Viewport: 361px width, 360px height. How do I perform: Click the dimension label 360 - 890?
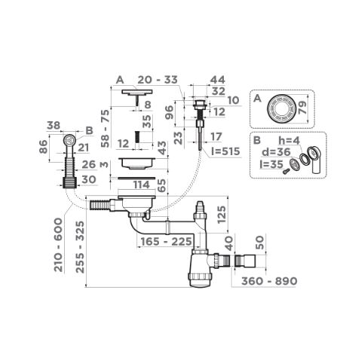click(269, 281)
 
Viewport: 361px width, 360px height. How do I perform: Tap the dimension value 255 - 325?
click(81, 247)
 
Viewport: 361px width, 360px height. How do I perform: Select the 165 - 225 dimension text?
click(167, 242)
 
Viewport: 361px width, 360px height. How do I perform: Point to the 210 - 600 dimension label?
click(58, 245)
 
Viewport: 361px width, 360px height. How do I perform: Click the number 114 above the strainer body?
click(142, 185)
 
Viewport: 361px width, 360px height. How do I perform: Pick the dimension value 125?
click(222, 215)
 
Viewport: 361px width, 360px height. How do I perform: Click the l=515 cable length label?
click(225, 151)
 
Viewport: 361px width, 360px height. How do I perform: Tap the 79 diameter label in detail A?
click(302, 108)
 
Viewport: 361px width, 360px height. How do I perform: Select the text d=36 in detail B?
click(276, 152)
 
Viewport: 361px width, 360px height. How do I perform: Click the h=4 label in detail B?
click(289, 141)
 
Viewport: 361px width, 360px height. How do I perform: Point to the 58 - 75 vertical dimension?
click(106, 129)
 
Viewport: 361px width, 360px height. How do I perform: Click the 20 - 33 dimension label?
click(158, 80)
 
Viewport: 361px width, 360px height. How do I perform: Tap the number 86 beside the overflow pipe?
click(43, 147)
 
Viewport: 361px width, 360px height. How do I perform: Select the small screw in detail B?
click(286, 171)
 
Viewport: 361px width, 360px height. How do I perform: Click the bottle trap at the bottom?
click(201, 269)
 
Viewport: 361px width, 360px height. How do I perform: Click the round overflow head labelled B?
click(69, 139)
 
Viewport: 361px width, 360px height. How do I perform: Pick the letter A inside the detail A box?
click(257, 99)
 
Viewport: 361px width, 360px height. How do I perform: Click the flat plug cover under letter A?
click(137, 92)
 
